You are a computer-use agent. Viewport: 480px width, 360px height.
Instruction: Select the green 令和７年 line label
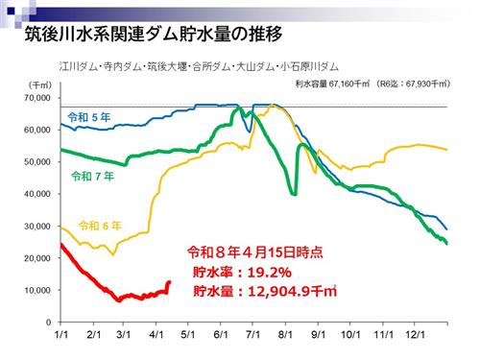93,177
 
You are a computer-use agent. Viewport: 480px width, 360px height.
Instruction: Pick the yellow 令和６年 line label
101,226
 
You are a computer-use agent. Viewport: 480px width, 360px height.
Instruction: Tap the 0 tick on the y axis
46,323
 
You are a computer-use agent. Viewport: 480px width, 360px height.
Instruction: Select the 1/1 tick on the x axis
60,336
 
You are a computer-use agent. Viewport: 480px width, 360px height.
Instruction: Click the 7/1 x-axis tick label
254,336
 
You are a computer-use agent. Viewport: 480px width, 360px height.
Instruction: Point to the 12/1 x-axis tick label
417,336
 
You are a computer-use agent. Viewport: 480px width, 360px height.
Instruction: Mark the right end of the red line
169,282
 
